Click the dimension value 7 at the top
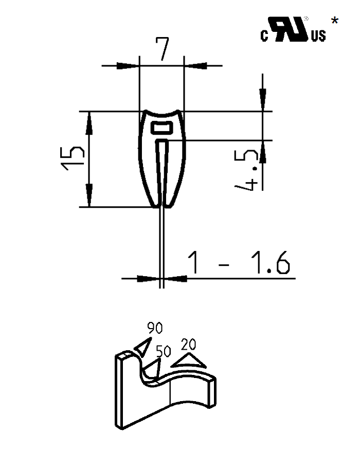point(162,50)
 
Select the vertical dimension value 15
point(73,159)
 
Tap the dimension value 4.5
point(248,170)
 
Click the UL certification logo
point(290,30)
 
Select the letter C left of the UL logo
point(264,37)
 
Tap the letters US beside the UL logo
point(318,36)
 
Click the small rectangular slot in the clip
point(162,127)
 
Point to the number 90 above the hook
point(155,327)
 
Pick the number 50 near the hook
point(163,351)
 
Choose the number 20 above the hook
point(189,344)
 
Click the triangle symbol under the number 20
point(189,360)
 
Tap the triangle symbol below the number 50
point(153,369)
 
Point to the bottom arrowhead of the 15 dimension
point(88,197)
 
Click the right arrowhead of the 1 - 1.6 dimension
point(175,278)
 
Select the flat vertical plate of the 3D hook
point(127,391)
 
